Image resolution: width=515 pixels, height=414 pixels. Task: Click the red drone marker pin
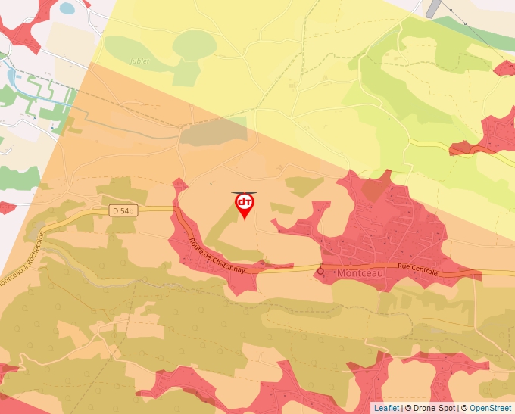coord(244,205)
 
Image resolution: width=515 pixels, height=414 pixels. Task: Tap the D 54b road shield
coord(123,210)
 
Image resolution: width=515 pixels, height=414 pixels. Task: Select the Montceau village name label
coord(360,273)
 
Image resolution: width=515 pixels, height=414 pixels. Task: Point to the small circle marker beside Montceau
coord(320,270)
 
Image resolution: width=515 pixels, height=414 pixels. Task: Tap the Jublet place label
coord(140,61)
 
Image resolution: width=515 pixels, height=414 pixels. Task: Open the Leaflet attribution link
coord(386,408)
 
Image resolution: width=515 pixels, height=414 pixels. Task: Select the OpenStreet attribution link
coord(491,408)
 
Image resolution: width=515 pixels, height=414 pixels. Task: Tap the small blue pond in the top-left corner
coord(67,8)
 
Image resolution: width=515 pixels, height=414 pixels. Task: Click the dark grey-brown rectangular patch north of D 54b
coord(213,131)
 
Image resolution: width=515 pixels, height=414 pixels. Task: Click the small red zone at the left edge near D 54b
coord(6,207)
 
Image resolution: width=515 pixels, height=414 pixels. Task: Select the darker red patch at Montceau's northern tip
coord(373,189)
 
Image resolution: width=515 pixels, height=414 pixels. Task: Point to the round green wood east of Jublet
coord(192,45)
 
